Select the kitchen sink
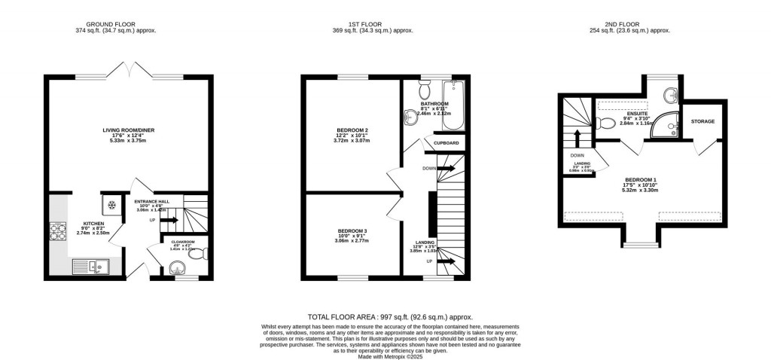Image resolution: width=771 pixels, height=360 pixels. tap(90, 265)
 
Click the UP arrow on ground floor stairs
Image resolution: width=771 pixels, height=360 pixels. tap(169, 221)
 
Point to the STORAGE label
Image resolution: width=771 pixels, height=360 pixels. tap(702, 121)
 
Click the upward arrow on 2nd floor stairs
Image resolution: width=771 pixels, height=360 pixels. tap(577, 139)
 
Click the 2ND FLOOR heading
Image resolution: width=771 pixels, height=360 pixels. tap(629, 23)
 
